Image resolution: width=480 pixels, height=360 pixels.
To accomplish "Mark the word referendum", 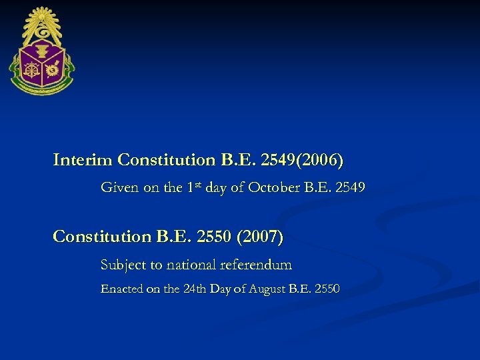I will click(256, 265).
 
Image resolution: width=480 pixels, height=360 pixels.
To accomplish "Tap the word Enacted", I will click(120, 289).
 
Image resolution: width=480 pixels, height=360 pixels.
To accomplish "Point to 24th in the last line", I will click(192, 289).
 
